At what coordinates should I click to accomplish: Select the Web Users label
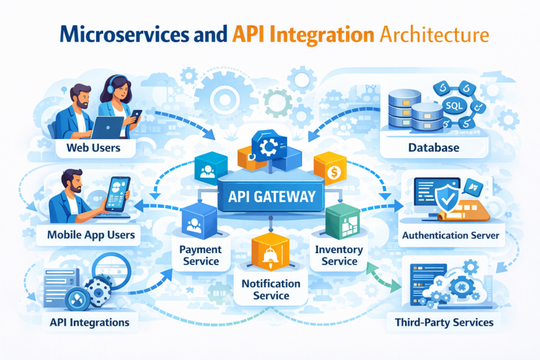point(93,148)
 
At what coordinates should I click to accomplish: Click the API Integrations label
point(89,322)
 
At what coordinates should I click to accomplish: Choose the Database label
point(433,148)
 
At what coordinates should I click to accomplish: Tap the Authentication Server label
point(450,235)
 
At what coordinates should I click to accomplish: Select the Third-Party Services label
point(444,322)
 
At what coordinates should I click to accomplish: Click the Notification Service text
point(271,289)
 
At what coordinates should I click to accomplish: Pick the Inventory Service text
point(339,255)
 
